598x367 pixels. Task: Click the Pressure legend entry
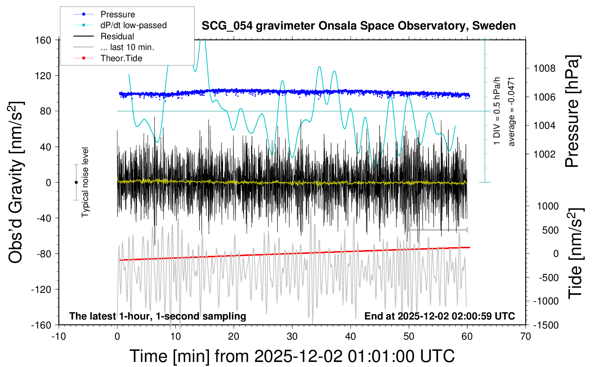(x=117, y=14)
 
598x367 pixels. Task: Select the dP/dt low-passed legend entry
(x=133, y=25)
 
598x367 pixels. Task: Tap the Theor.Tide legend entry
(x=121, y=58)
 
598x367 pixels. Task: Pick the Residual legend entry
(x=117, y=36)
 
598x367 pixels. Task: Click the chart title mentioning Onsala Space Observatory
(x=358, y=26)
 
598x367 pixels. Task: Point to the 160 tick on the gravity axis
(x=43, y=40)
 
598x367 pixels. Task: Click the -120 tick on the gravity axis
(x=41, y=289)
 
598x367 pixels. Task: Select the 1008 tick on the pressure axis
(x=544, y=68)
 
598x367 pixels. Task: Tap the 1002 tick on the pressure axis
(x=544, y=154)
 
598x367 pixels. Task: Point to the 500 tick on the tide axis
(x=550, y=230)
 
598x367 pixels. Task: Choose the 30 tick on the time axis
(x=292, y=336)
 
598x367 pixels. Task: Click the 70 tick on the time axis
(x=526, y=336)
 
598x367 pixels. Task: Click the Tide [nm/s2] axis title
(x=576, y=253)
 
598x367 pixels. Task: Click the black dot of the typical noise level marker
(x=76, y=182)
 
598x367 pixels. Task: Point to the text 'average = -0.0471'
(x=512, y=112)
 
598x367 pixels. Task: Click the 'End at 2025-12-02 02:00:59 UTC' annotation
(x=439, y=316)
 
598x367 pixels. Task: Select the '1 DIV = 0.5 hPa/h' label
(x=497, y=111)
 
